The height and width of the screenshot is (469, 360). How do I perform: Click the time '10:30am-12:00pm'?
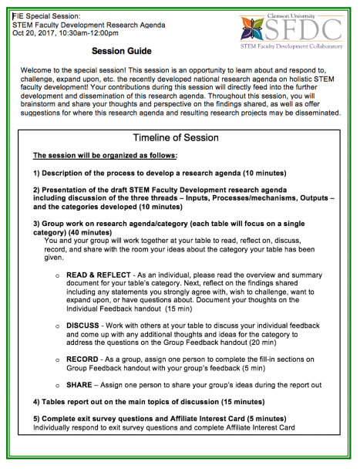(89, 33)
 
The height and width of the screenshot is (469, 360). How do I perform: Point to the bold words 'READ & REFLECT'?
(96, 274)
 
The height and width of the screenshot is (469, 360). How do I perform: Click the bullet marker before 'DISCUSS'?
(57, 326)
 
